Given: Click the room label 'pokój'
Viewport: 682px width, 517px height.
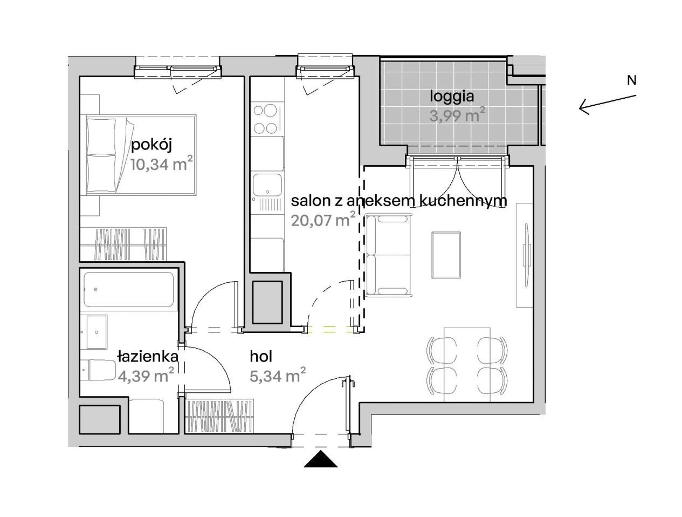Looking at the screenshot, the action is coord(151,146).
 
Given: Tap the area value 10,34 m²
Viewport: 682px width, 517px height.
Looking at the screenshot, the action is coord(162,164).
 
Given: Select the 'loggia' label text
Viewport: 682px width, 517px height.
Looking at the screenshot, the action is coord(452,97).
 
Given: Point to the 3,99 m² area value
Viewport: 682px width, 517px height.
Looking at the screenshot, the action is coord(457,115).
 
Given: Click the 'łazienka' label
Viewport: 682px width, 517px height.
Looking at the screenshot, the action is coord(148,357).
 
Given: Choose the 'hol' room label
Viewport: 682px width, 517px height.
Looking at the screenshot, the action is coord(261,357).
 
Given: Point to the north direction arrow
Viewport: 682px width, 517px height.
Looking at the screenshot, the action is coord(608,105).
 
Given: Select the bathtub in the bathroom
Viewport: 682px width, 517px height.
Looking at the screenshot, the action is coord(129,290).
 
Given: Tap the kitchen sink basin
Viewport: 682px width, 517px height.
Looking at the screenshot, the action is coord(267,185).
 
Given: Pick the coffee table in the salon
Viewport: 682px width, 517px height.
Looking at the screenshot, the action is coord(446,255).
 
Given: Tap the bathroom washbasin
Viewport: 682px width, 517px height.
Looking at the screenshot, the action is coord(97,332).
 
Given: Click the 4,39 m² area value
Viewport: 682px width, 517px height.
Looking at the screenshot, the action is coord(146,375).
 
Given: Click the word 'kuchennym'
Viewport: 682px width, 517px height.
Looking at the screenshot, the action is coord(463,201).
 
